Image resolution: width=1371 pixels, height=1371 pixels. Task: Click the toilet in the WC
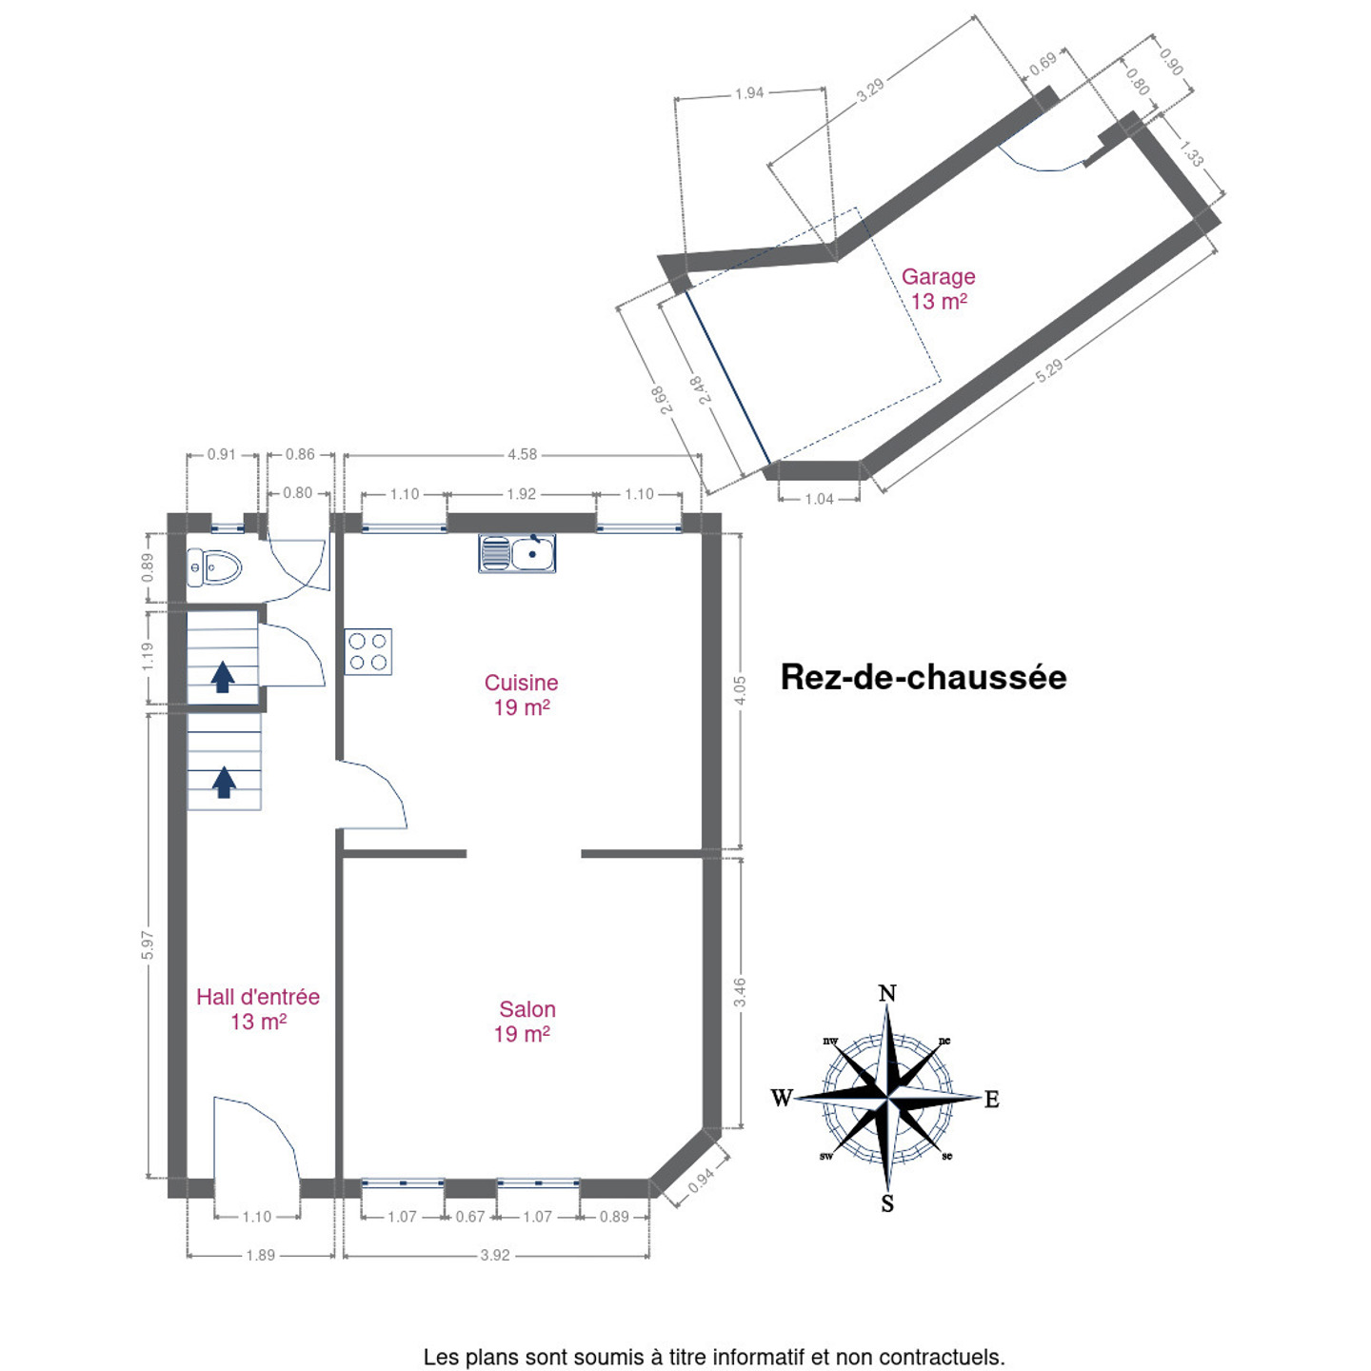pyautogui.click(x=214, y=567)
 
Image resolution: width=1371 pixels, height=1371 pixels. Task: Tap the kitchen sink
pyautogui.click(x=517, y=553)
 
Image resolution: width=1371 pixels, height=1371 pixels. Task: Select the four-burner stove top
pyautogui.click(x=368, y=652)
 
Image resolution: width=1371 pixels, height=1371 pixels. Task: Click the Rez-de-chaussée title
pyautogui.click(x=924, y=677)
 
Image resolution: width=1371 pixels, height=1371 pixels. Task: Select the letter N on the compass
pyautogui.click(x=887, y=992)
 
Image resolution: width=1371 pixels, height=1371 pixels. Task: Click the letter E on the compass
pyautogui.click(x=992, y=1100)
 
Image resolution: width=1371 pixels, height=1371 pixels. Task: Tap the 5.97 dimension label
pyautogui.click(x=148, y=945)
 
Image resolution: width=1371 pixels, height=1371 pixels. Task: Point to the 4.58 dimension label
pyautogui.click(x=523, y=455)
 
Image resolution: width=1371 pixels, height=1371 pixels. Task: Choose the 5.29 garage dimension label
pyautogui.click(x=1048, y=370)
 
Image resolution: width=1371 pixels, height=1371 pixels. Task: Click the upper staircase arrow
pyautogui.click(x=223, y=677)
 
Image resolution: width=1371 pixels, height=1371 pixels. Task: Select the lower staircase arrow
pyautogui.click(x=224, y=782)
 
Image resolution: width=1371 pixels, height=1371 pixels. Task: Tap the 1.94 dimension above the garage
pyautogui.click(x=749, y=93)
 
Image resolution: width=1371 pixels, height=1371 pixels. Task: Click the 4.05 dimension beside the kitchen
pyautogui.click(x=741, y=690)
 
